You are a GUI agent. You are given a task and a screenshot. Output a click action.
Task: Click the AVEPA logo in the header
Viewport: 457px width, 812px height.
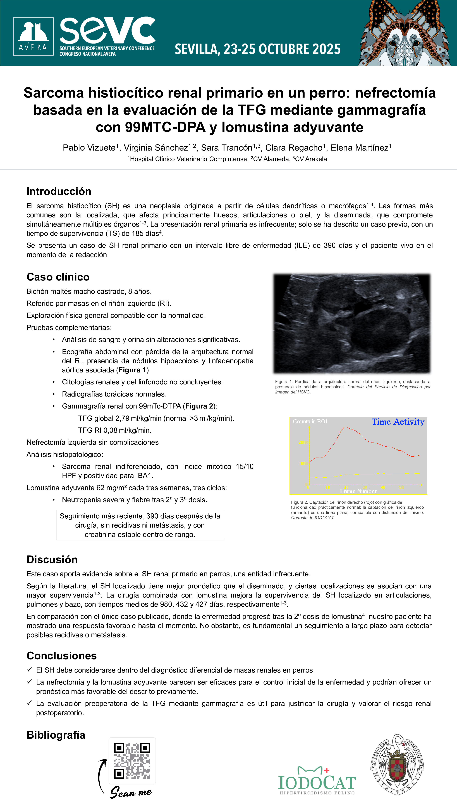coord(33,37)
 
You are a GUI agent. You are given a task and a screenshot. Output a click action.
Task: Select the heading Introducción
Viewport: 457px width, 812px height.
coord(59,191)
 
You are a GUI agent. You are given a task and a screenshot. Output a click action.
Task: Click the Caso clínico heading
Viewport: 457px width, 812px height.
coord(58,277)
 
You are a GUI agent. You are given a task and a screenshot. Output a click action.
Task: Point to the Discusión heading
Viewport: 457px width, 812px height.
coord(52,560)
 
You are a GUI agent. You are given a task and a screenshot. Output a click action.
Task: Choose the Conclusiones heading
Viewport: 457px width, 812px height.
coord(61,656)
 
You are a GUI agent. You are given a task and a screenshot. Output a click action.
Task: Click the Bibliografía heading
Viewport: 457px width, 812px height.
coord(56,735)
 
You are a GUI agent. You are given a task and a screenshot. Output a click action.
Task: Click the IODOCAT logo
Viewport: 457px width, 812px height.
coord(317,781)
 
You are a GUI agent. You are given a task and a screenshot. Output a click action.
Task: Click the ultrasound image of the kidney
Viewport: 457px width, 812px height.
coord(352,323)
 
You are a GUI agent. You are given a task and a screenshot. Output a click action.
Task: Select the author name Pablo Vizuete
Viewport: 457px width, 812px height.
coord(89,148)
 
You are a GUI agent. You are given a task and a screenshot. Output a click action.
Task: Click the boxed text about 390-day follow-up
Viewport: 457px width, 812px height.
coord(140,525)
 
